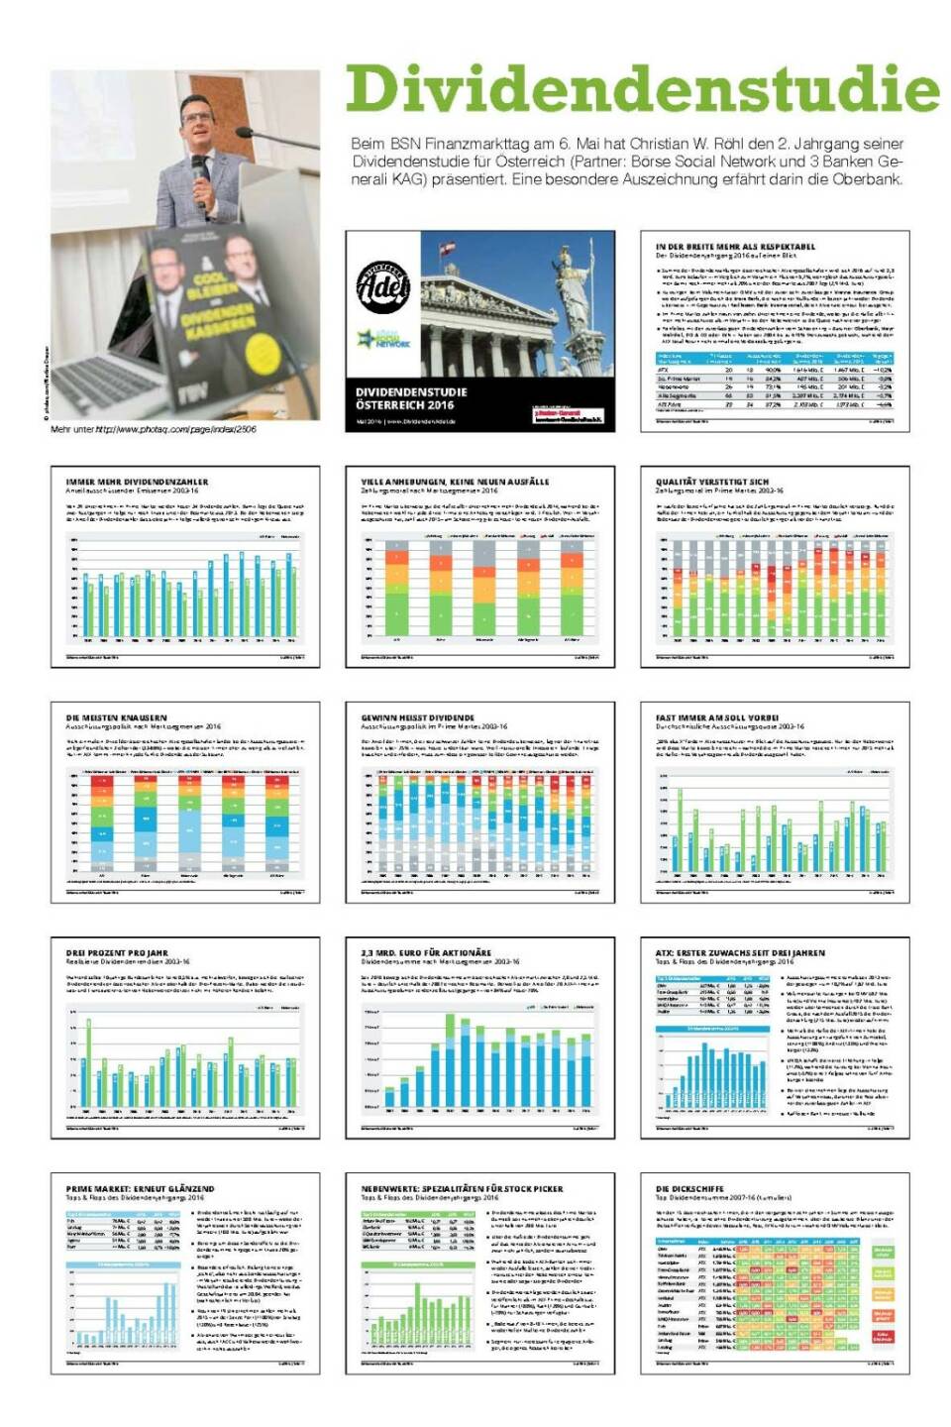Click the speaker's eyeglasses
pos(196,116)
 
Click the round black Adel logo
pos(383,287)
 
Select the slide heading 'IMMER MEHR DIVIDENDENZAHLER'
pos(137,482)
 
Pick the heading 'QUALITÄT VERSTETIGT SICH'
pos(711,482)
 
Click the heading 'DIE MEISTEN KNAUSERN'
pos(117,717)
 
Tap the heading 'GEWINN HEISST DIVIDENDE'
pos(417,717)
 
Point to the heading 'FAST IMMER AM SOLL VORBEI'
pos(717,717)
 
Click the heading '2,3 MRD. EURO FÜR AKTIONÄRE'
pos(426,952)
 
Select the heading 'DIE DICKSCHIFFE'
pos(689,1188)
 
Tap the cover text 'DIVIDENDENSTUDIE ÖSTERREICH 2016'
pos(411,398)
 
